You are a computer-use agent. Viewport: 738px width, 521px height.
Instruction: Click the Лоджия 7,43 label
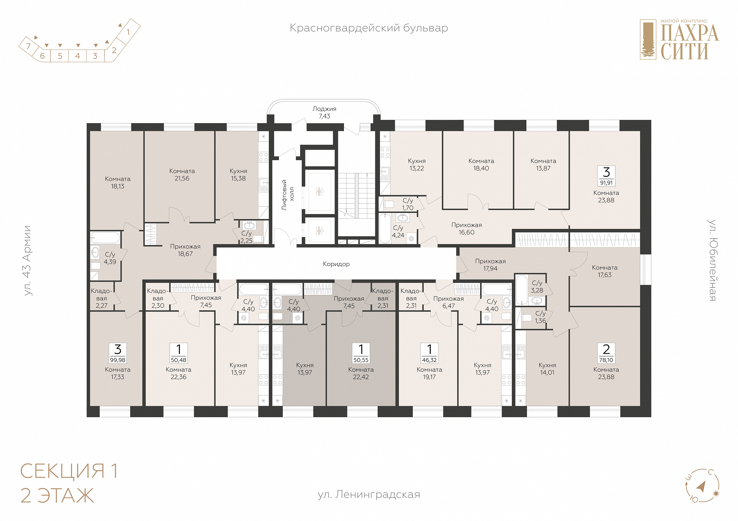(x=324, y=113)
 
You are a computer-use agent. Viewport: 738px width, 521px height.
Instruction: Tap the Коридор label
(x=336, y=264)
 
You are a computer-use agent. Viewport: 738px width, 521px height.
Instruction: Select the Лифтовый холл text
(x=288, y=195)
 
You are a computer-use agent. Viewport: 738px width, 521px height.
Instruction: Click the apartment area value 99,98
(x=118, y=360)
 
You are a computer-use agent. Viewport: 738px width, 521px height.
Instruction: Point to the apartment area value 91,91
(x=606, y=183)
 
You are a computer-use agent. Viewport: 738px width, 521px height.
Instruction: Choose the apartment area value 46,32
(x=429, y=360)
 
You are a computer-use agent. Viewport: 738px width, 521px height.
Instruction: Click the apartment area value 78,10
(x=606, y=360)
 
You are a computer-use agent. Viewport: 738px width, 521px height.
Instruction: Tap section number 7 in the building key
(x=28, y=46)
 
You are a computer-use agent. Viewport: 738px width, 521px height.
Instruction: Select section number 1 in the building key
(x=128, y=32)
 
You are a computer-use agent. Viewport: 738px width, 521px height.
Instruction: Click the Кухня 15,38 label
(x=238, y=175)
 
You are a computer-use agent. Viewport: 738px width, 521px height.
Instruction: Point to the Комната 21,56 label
(x=182, y=175)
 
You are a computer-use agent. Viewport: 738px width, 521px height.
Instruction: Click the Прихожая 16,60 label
(x=466, y=229)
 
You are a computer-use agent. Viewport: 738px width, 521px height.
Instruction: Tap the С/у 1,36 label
(x=540, y=317)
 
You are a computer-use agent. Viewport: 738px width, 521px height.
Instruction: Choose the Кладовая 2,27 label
(x=102, y=298)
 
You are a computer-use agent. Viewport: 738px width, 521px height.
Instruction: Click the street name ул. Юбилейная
(x=713, y=260)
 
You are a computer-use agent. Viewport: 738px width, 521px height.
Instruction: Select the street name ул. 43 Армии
(x=27, y=260)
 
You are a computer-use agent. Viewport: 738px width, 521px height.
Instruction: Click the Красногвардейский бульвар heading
(x=369, y=28)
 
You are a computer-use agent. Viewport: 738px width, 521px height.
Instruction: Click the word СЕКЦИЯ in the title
(x=62, y=471)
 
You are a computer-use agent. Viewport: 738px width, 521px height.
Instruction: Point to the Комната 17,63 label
(x=605, y=271)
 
